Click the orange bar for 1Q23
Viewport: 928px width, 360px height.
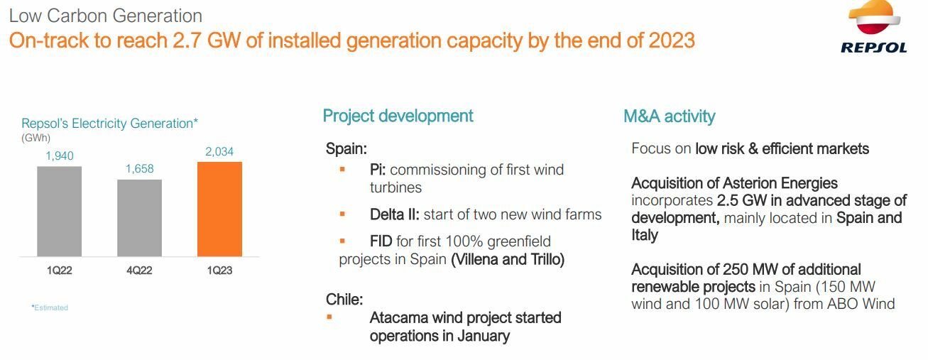click(219, 209)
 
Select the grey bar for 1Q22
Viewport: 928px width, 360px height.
click(59, 212)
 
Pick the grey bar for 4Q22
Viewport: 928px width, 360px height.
click(140, 218)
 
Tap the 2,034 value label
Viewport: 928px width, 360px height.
click(219, 152)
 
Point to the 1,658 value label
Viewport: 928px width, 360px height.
click(140, 168)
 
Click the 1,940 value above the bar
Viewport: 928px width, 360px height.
click(60, 156)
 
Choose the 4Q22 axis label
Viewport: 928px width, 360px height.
click(140, 271)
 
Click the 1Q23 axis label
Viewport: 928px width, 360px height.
click(219, 271)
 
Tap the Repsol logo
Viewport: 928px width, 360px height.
click(874, 27)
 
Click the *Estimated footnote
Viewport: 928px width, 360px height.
click(50, 307)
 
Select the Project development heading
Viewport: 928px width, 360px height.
click(398, 116)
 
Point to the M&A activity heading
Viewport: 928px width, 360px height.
click(670, 116)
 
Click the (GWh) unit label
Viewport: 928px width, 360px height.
click(36, 138)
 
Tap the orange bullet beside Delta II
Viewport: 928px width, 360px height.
click(342, 214)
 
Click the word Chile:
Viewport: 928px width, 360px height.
click(344, 299)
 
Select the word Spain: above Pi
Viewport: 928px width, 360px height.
click(346, 148)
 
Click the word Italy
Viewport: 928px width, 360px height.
click(645, 235)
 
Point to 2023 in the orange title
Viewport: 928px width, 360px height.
click(672, 40)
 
